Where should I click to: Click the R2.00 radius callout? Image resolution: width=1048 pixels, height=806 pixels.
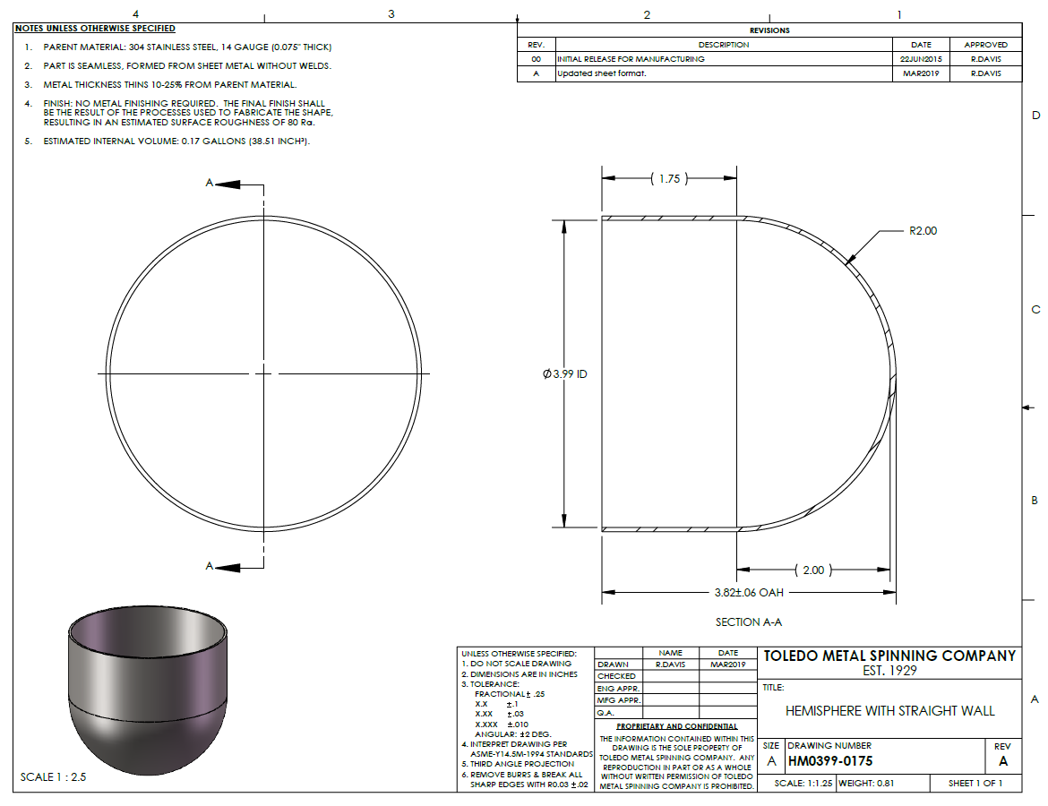point(923,230)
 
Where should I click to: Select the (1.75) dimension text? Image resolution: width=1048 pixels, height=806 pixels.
point(669,178)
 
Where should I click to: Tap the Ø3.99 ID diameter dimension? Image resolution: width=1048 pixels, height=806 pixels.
point(565,373)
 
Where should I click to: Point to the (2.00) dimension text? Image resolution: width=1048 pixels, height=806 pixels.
point(813,570)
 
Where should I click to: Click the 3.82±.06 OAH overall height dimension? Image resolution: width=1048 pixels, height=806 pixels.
point(749,593)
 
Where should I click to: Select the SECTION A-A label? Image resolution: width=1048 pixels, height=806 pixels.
point(749,622)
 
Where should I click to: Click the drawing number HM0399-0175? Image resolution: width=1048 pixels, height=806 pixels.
point(830,761)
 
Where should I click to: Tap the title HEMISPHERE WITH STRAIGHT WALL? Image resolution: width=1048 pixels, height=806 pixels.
point(889,711)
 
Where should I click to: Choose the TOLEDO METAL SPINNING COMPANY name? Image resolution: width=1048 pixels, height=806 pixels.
point(889,656)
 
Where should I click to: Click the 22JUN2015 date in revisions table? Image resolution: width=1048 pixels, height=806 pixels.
point(920,59)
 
